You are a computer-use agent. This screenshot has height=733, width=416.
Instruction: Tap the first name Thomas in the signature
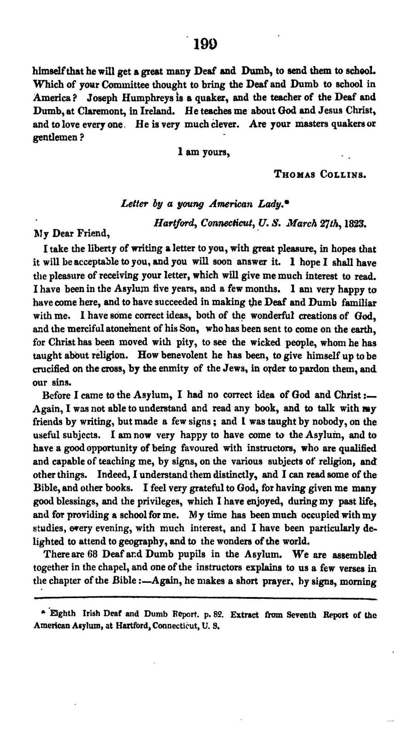(x=295, y=175)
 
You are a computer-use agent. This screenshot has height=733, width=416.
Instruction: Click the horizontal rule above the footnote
(x=204, y=598)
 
